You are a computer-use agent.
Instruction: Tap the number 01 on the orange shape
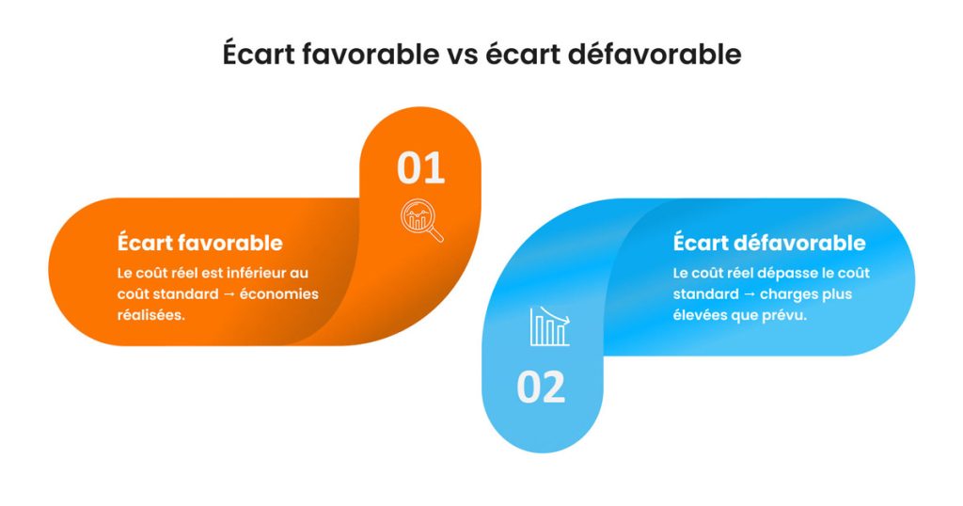420,168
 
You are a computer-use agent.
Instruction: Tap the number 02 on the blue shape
541,387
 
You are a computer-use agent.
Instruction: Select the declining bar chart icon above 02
549,325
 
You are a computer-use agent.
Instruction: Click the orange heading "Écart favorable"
199,242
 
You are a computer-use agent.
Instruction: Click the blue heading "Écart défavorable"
768,243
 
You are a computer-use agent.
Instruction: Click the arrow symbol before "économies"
226,294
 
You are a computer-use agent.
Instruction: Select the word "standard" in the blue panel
701,294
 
